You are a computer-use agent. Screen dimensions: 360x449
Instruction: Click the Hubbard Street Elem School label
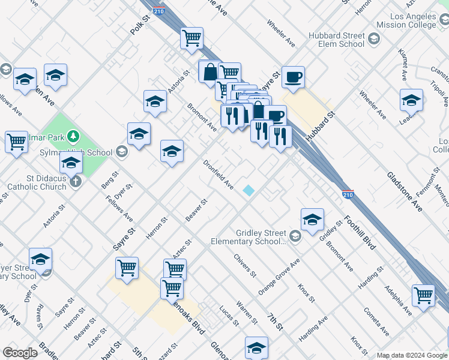pyautogui.click(x=336, y=40)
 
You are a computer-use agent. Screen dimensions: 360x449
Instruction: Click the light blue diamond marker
pyautogui.click(x=249, y=190)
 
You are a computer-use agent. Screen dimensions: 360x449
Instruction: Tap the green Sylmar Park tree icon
pyautogui.click(x=73, y=136)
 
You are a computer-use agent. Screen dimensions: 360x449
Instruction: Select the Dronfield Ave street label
pyautogui.click(x=218, y=175)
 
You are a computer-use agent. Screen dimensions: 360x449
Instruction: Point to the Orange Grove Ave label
pyautogui.click(x=279, y=277)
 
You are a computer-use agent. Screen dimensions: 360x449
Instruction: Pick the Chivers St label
pyautogui.click(x=245, y=266)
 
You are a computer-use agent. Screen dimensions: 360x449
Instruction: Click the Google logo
pyautogui.click(x=20, y=353)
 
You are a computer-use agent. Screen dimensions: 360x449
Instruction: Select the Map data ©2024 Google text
pyautogui.click(x=411, y=355)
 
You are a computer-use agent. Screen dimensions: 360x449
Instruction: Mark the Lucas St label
pyautogui.click(x=229, y=314)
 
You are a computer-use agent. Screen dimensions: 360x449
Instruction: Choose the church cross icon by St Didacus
pyautogui.click(x=75, y=181)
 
